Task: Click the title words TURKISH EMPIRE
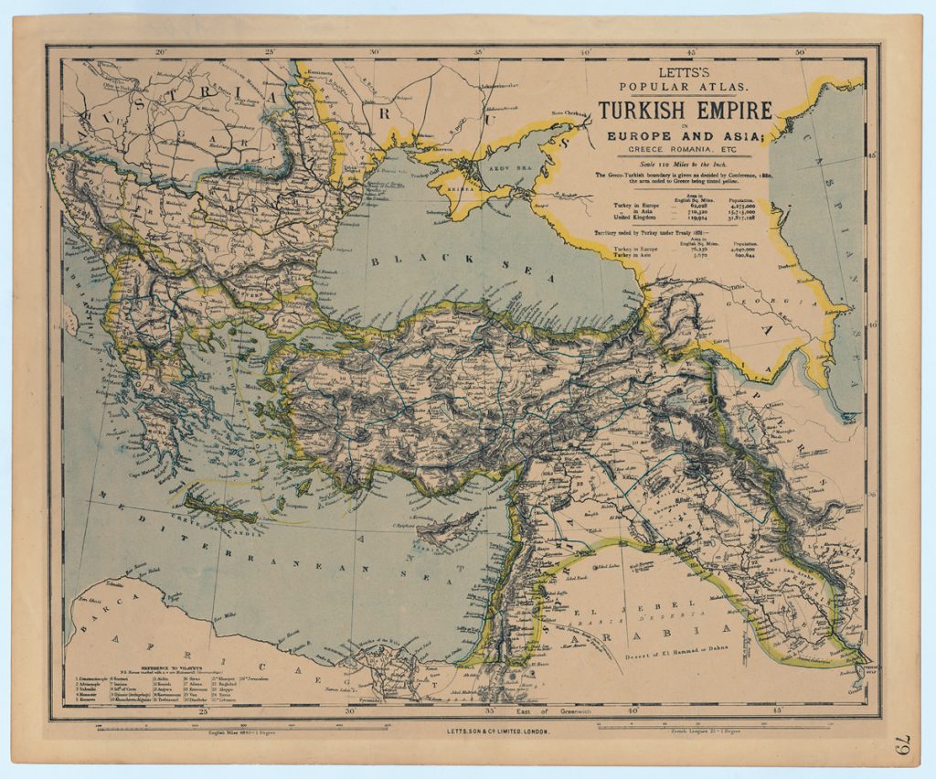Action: (x=685, y=111)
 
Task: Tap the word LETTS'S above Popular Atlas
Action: (x=685, y=71)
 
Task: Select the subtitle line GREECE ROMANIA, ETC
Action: (x=685, y=150)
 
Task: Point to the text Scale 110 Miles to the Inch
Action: (x=685, y=163)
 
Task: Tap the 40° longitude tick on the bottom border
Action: (x=633, y=710)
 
